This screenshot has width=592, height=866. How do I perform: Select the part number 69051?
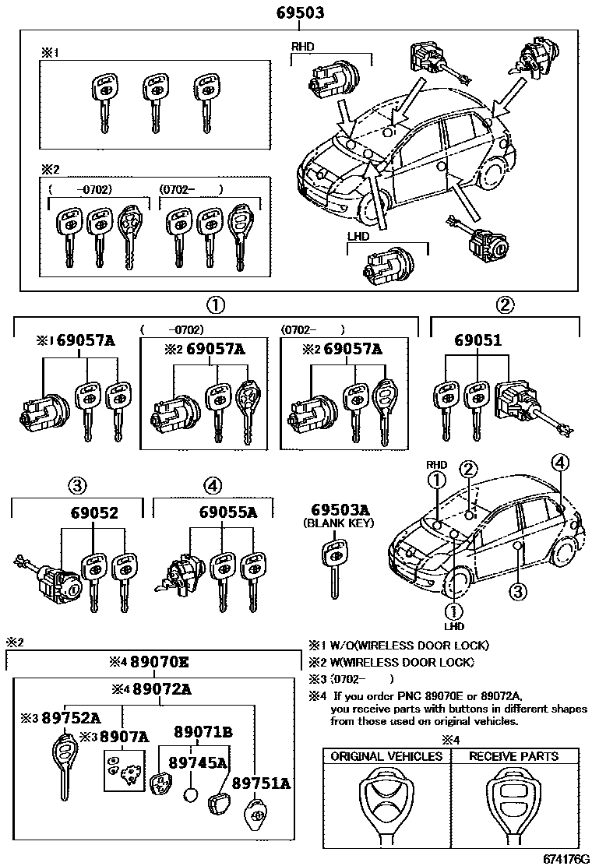pyautogui.click(x=478, y=340)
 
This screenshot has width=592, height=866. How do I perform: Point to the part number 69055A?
pyautogui.click(x=227, y=512)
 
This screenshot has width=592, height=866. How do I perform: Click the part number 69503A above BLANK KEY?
pyautogui.click(x=340, y=510)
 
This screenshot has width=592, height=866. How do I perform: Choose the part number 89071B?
pyautogui.click(x=203, y=732)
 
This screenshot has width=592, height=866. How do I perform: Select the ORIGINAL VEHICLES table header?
pyautogui.click(x=386, y=756)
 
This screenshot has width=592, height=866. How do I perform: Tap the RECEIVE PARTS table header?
pyautogui.click(x=513, y=756)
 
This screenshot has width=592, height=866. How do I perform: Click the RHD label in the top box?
pyautogui.click(x=302, y=47)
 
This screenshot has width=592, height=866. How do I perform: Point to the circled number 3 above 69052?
pyautogui.click(x=76, y=485)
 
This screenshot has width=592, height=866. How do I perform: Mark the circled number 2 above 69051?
pyautogui.click(x=506, y=305)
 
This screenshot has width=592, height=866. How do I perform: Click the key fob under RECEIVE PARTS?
pyautogui.click(x=513, y=810)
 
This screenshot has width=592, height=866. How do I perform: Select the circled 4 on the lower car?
pyautogui.click(x=559, y=462)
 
